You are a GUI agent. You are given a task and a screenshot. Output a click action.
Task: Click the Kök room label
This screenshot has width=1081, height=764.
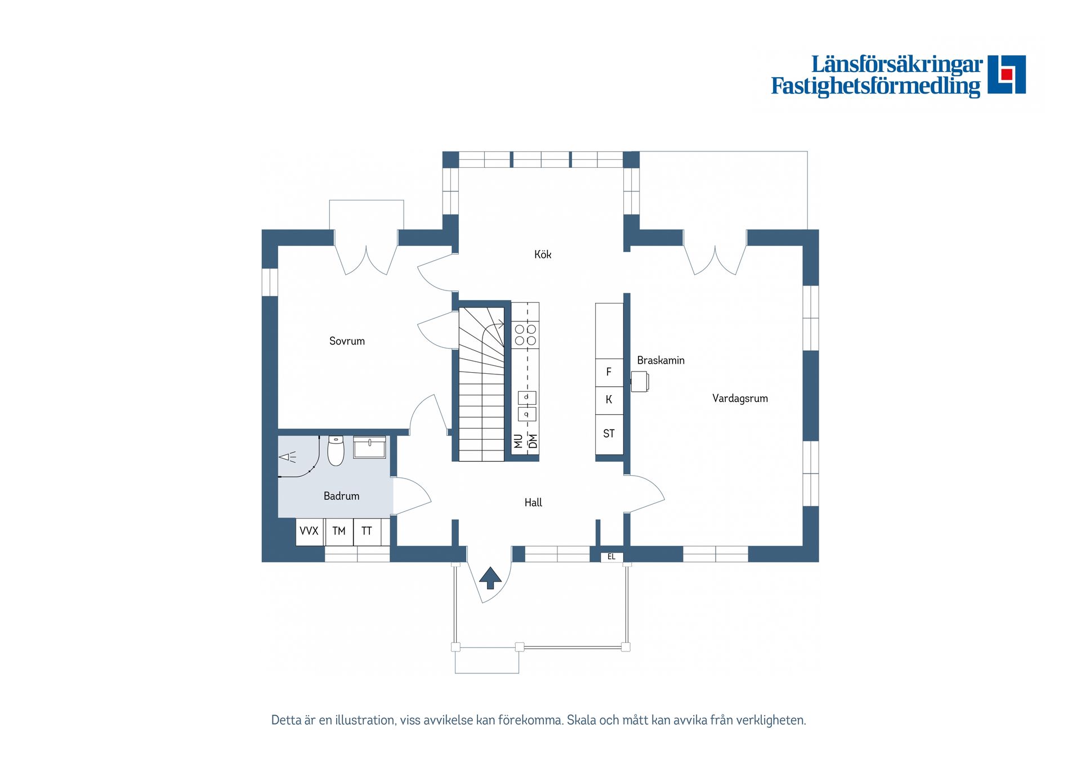(x=542, y=254)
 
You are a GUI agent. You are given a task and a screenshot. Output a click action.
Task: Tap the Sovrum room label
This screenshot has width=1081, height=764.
(x=347, y=341)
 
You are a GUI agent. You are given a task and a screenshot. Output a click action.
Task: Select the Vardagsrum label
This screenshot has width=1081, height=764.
(x=739, y=399)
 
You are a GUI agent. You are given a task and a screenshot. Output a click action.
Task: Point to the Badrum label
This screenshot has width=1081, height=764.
(x=341, y=496)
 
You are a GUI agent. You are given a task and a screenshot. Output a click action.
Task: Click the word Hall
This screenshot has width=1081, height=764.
(x=533, y=503)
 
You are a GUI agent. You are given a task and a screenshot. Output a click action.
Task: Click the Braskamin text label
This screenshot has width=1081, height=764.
(x=660, y=360)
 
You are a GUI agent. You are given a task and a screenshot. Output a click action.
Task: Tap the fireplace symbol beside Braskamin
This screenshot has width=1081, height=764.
(x=640, y=381)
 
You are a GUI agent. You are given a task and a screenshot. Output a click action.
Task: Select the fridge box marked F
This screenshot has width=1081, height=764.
(x=609, y=372)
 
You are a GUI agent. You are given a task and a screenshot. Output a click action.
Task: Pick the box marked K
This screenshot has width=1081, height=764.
(x=609, y=400)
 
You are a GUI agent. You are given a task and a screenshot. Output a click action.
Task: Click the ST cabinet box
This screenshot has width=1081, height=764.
(x=609, y=434)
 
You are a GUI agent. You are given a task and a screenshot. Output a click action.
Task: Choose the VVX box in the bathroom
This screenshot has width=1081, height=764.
(x=309, y=531)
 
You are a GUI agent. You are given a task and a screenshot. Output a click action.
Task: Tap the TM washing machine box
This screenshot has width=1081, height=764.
(x=339, y=531)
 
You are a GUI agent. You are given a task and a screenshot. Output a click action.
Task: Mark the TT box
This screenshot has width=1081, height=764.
(x=367, y=531)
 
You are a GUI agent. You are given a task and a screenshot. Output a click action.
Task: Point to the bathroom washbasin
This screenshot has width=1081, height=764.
(x=369, y=448)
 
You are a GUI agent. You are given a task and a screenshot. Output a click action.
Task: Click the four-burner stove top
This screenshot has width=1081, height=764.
(x=525, y=335)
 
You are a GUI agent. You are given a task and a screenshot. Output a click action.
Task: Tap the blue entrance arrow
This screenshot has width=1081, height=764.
(x=490, y=577)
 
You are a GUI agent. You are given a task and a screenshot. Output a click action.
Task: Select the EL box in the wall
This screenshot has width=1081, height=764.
(x=611, y=557)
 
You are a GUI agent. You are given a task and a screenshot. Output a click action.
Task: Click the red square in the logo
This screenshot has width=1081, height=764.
(x=1007, y=74)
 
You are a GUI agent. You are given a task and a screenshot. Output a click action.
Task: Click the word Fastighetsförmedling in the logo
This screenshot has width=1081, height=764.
(x=875, y=86)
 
